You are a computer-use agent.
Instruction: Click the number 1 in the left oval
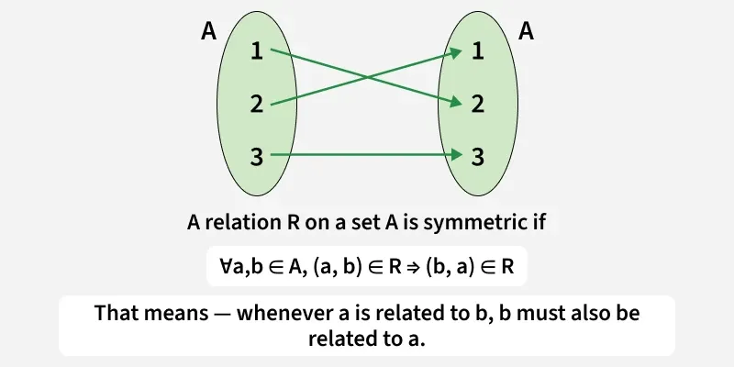click(257, 52)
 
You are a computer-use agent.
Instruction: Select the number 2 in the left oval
click(257, 104)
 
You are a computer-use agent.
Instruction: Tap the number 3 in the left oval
click(257, 156)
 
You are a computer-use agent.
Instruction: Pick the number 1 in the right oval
click(477, 52)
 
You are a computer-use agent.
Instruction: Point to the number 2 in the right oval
click(477, 104)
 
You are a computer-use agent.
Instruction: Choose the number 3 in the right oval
click(477, 156)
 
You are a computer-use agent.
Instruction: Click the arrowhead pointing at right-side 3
click(456, 156)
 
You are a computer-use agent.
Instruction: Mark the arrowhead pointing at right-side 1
click(456, 55)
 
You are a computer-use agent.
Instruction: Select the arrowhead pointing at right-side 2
click(456, 101)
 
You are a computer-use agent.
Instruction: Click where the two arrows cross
click(367, 78)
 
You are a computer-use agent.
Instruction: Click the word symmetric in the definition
click(484, 222)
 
